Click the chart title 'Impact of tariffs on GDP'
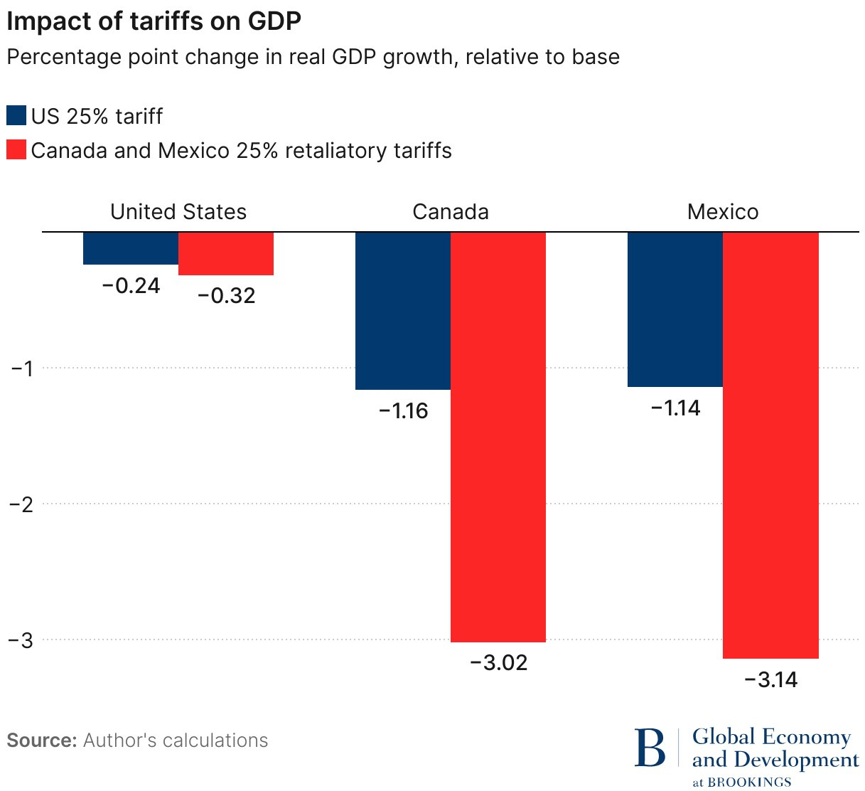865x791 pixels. pos(154,21)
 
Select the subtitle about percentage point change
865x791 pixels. pos(313,57)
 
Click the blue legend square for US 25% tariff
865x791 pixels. pos(16,116)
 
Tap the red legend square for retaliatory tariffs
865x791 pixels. pos(16,150)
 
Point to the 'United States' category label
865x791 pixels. pos(178,212)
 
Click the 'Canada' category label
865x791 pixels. pos(451,212)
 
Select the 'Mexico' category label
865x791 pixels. pos(723,212)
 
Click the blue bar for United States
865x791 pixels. pos(131,248)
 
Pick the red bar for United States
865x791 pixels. pos(226,253)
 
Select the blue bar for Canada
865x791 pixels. pos(403,311)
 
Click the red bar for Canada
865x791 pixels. pos(498,437)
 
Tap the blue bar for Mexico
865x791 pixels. pos(675,309)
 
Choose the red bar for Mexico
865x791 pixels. pos(770,445)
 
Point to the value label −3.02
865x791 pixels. pos(498,663)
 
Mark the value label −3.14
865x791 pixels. pos(770,680)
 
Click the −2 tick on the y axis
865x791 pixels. pos(21,504)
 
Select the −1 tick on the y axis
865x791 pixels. pos(21,368)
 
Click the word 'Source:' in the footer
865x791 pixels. pos(42,740)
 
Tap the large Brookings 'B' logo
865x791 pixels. pos(650,748)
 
